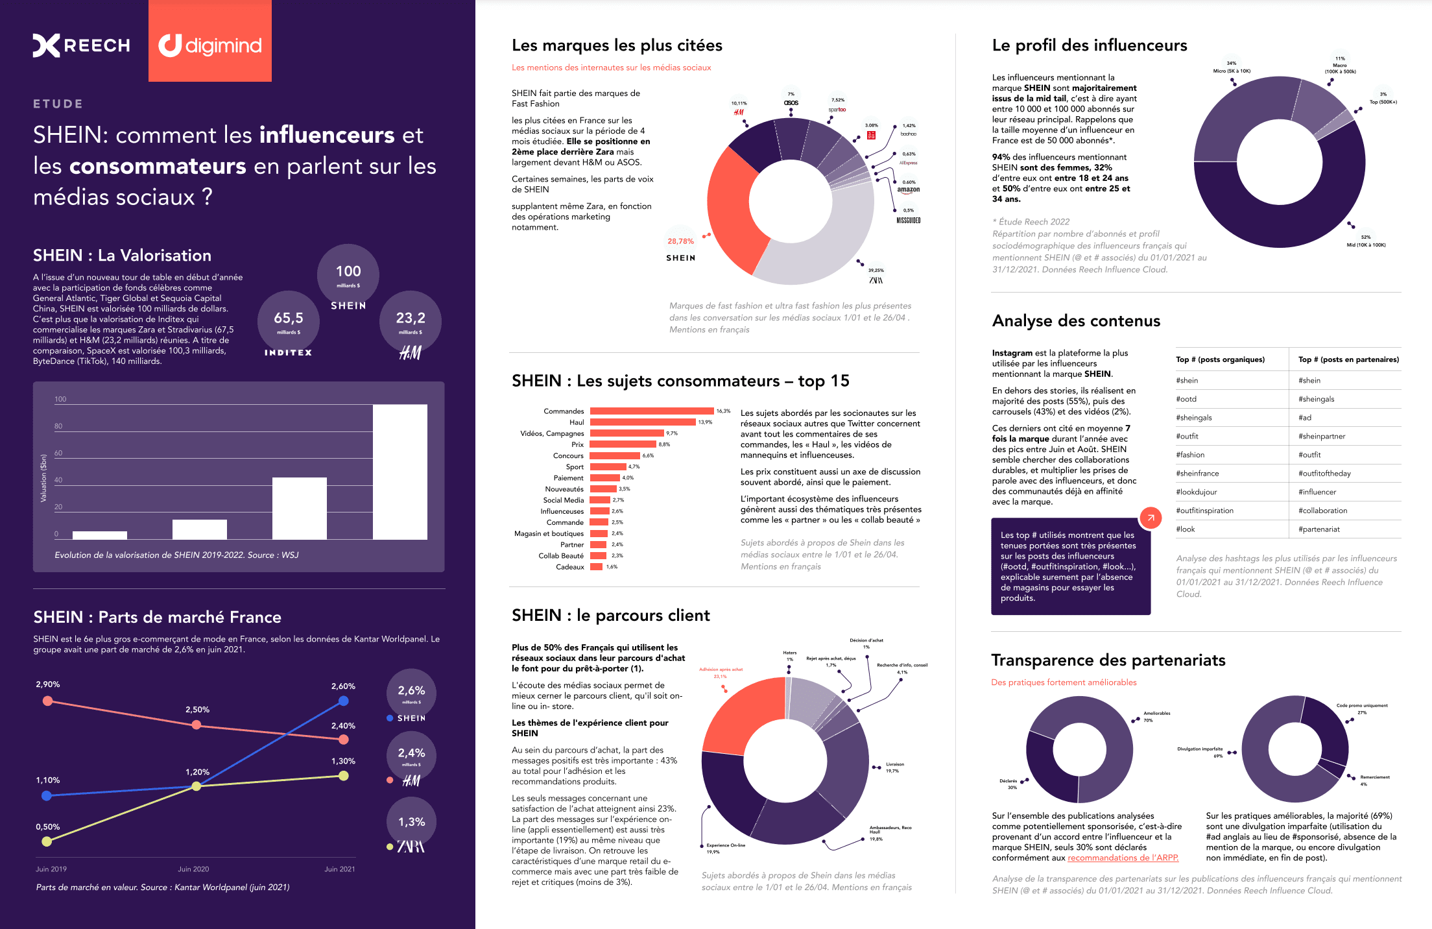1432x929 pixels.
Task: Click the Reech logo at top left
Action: coord(82,45)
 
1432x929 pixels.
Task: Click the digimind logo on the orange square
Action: coord(210,45)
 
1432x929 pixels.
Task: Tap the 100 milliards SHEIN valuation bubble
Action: coord(348,275)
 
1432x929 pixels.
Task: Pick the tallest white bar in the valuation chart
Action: coord(400,472)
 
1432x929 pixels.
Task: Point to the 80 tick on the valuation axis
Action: coord(58,426)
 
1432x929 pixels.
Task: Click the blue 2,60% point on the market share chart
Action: coord(344,701)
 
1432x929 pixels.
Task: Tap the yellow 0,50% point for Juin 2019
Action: coord(47,841)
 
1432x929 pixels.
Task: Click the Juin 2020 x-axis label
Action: coord(193,869)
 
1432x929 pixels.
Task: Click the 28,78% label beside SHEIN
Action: coord(680,241)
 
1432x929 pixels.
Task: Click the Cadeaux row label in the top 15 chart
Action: coord(569,567)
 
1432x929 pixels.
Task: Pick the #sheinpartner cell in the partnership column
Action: coord(1322,437)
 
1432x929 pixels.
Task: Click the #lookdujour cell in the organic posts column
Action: coord(1197,492)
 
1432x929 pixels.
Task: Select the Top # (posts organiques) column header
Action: coord(1220,359)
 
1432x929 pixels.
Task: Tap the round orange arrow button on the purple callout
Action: coord(1151,518)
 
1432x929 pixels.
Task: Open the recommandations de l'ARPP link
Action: coord(1123,858)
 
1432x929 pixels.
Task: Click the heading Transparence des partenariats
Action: coord(1108,660)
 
